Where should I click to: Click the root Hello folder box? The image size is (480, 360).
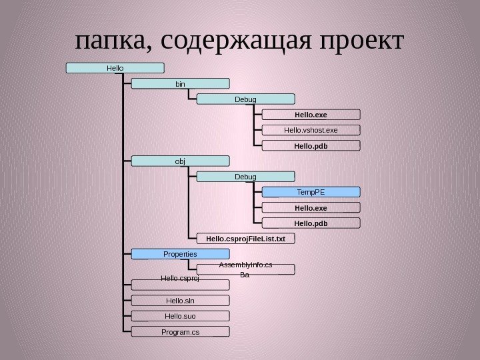[x=115, y=67]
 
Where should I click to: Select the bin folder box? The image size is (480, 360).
[x=180, y=84]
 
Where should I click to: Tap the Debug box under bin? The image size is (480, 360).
[x=245, y=99]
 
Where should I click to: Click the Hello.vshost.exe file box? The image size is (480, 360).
[x=311, y=129]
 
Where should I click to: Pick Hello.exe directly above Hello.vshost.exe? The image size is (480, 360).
[x=311, y=114]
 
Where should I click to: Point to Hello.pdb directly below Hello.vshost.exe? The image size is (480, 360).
[x=311, y=145]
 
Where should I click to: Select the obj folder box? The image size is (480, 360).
[x=180, y=161]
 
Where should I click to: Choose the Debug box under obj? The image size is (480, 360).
[x=245, y=176]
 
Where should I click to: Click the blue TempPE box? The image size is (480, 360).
[x=311, y=191]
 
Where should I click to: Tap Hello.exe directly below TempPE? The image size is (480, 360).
[x=311, y=207]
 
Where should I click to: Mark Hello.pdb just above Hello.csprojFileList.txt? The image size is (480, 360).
[x=311, y=222]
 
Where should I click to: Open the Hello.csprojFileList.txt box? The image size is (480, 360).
[x=245, y=237]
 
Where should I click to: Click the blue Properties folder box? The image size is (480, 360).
[x=180, y=253]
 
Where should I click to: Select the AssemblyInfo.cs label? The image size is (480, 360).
[x=245, y=265]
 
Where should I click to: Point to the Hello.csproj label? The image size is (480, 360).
[x=180, y=279]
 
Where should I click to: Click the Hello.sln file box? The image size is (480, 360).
[x=180, y=300]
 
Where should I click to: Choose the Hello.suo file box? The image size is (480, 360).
[x=180, y=315]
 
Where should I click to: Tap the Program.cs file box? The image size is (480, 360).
[x=180, y=331]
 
